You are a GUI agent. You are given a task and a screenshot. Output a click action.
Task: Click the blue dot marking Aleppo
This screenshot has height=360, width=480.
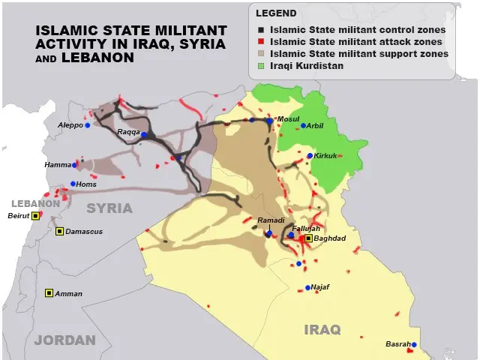(x=88, y=125)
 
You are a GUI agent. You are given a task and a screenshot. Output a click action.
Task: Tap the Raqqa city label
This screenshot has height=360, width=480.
(x=127, y=132)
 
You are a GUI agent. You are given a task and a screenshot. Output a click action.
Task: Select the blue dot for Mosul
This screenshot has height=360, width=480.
(x=270, y=120)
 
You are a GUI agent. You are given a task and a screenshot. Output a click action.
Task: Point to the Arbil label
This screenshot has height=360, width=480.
(x=316, y=126)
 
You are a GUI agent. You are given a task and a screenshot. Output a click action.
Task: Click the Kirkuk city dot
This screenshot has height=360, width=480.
(x=310, y=156)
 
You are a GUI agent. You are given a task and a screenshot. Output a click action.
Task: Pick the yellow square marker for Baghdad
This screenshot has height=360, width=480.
(x=308, y=238)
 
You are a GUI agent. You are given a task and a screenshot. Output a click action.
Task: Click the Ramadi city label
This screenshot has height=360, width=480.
(x=271, y=220)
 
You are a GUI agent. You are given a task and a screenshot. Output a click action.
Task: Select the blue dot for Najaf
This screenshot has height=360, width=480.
(x=308, y=287)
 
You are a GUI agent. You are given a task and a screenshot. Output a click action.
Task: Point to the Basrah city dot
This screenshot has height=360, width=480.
(x=413, y=345)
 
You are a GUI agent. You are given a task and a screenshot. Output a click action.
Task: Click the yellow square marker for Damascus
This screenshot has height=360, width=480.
(x=59, y=231)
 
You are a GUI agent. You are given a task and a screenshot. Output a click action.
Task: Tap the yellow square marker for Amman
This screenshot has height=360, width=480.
(x=49, y=292)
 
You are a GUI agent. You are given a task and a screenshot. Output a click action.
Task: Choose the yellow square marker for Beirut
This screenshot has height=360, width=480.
(x=34, y=216)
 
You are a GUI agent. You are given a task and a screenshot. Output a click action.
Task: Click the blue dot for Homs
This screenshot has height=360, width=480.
(x=73, y=184)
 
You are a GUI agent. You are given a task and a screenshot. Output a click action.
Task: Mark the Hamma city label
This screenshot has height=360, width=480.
(x=57, y=164)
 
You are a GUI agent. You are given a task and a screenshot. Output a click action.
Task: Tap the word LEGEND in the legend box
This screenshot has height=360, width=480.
(x=275, y=13)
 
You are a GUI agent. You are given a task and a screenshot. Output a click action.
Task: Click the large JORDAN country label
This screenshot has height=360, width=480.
(x=65, y=340)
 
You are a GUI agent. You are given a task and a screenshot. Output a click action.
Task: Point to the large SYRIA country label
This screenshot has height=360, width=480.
(x=109, y=208)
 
